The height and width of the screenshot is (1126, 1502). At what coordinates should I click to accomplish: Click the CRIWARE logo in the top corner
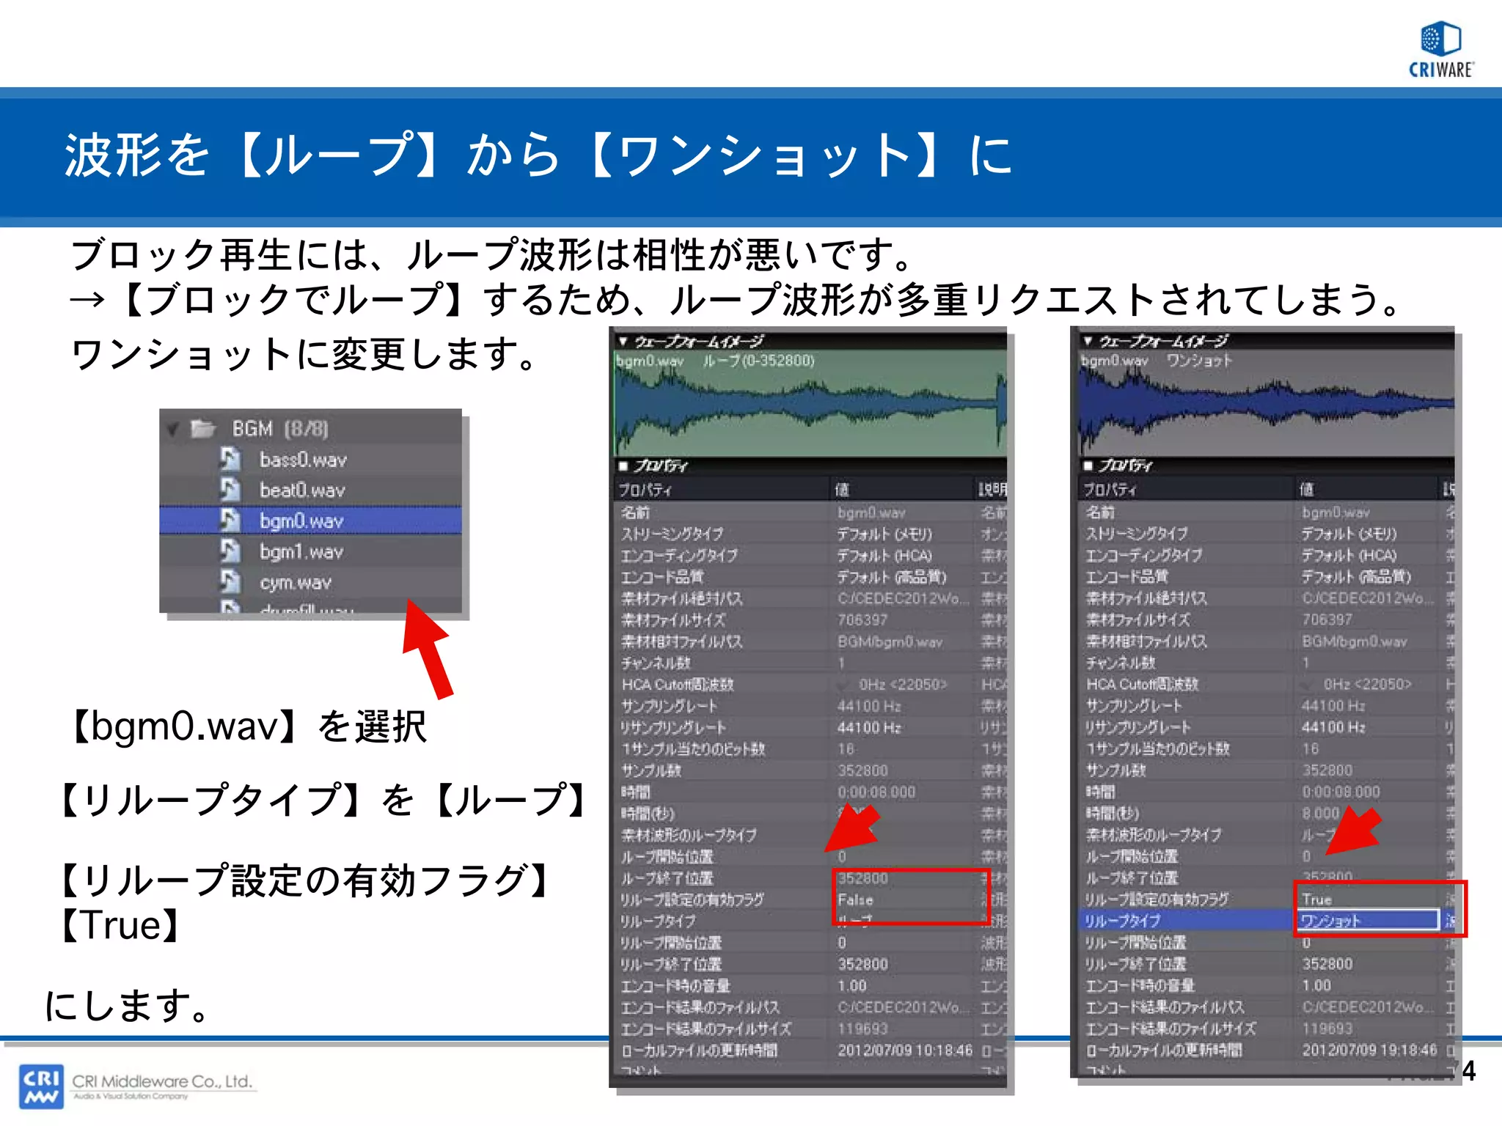[x=1440, y=48]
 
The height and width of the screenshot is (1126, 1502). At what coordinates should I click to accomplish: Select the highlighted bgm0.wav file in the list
[x=301, y=520]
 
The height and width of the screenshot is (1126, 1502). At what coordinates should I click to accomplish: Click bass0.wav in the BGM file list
[x=302, y=460]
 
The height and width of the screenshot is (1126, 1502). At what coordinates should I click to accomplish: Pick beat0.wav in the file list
[x=301, y=490]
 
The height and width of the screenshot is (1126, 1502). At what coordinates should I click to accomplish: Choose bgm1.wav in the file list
[x=301, y=551]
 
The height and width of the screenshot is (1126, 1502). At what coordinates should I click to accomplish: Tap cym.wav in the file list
[x=295, y=582]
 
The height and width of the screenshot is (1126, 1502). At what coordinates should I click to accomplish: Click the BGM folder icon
[x=202, y=428]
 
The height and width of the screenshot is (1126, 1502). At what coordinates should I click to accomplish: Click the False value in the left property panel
[x=855, y=899]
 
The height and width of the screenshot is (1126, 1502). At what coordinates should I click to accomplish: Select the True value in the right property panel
[x=1317, y=899]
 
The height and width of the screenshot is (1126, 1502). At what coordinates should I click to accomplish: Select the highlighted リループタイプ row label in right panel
[x=1122, y=921]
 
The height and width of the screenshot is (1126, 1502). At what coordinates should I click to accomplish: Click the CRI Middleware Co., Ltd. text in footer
[x=162, y=1081]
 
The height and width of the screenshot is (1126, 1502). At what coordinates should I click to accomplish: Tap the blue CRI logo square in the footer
[x=41, y=1086]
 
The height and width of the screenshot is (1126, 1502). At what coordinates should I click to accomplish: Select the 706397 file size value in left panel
[x=862, y=620]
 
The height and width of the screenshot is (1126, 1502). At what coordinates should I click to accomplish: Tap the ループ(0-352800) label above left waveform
[x=758, y=361]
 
